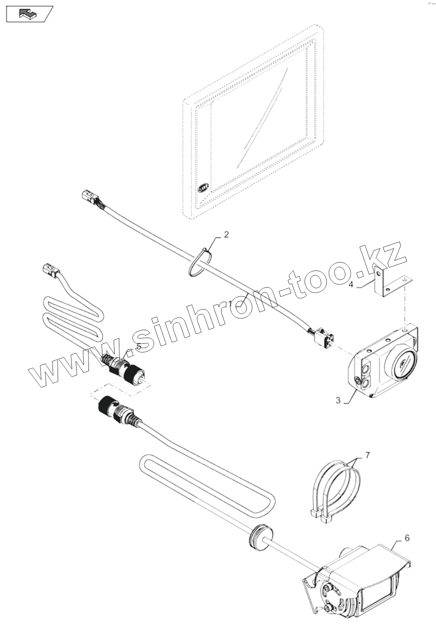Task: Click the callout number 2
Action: (226, 235)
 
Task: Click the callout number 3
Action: (338, 400)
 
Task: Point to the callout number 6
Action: (407, 538)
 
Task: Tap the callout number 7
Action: (368, 455)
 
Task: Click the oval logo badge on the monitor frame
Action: (204, 188)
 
